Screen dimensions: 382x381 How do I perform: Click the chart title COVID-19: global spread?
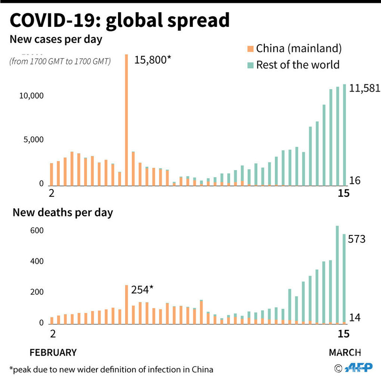point(120,20)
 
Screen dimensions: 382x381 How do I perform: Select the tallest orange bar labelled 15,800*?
point(127,117)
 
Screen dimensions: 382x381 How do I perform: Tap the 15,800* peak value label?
point(152,60)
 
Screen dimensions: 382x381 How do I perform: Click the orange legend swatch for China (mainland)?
point(250,48)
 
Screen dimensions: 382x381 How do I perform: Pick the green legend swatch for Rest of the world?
point(250,64)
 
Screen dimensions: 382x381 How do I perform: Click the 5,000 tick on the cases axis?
point(33,140)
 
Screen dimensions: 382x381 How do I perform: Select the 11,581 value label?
point(365,88)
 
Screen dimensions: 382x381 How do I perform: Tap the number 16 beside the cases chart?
point(355,180)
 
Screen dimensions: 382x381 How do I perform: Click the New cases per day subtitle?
point(56,39)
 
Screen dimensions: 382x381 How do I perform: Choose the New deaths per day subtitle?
point(63,212)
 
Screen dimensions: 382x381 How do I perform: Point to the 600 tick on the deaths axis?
point(37,231)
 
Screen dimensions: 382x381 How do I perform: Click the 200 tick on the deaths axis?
point(37,292)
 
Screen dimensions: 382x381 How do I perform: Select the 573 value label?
point(357,240)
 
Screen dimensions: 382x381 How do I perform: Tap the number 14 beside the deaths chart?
point(355,318)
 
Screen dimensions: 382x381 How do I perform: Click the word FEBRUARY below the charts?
point(53,352)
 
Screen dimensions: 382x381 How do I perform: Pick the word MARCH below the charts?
point(344,352)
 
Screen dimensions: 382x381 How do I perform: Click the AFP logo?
point(358,368)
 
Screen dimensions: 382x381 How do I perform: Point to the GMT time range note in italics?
point(60,61)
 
